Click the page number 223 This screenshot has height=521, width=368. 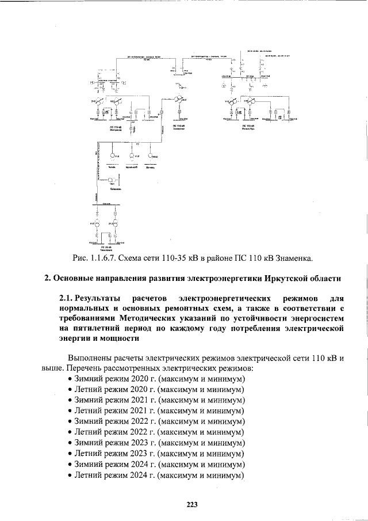(x=192, y=505)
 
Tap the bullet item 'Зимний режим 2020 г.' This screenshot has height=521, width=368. (x=114, y=379)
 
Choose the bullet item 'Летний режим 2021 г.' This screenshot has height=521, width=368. (x=114, y=411)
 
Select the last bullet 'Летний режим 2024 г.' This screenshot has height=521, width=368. (x=114, y=476)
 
